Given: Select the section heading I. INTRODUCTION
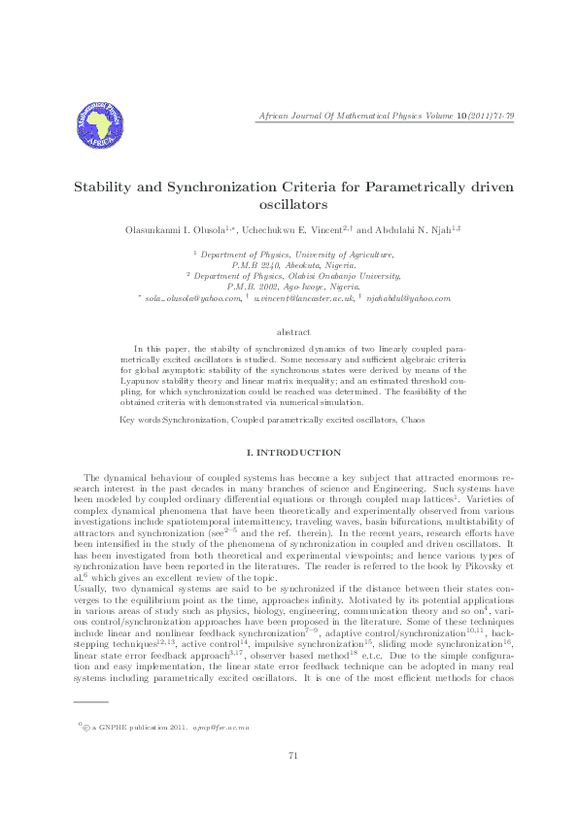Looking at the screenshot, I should [289, 453].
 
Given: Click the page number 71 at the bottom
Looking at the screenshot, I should [289, 783].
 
